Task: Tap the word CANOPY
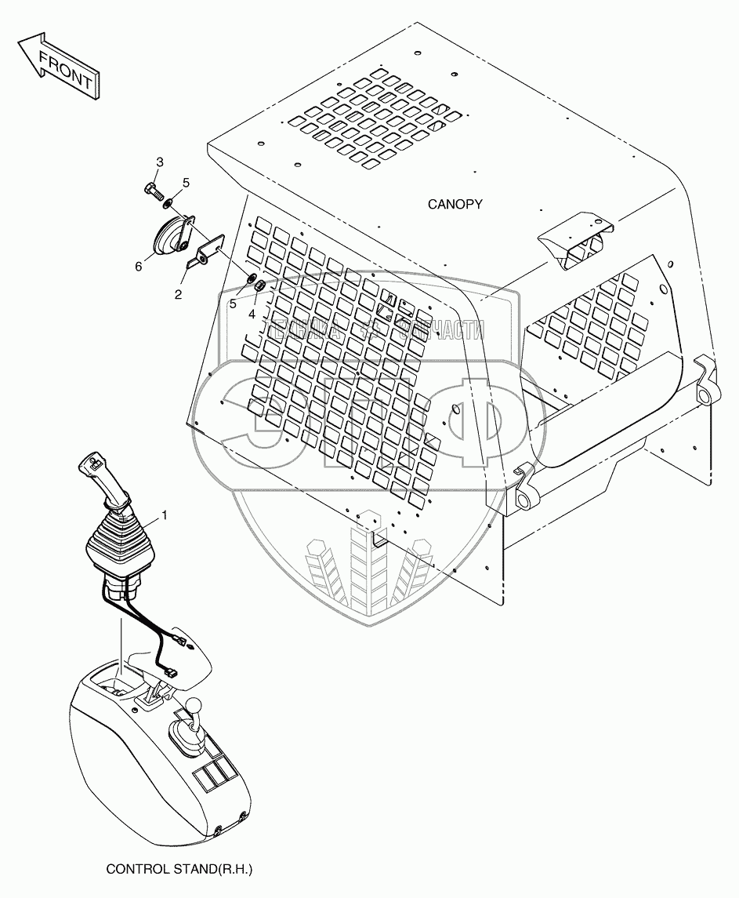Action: (x=455, y=204)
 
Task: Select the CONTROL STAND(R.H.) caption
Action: (x=180, y=870)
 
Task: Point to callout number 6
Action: (x=138, y=267)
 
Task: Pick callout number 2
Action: (x=179, y=294)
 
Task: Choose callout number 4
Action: (x=252, y=314)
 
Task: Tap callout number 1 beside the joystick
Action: (x=165, y=515)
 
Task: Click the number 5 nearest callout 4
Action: (x=231, y=302)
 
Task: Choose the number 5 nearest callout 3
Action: (x=186, y=183)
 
